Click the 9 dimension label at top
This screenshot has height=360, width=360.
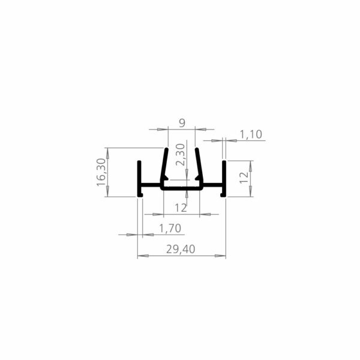coord(182,123)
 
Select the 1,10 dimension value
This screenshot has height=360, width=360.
coord(251,134)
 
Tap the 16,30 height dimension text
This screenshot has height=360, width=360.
coord(101,172)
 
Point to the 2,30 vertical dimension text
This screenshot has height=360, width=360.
coord(180,155)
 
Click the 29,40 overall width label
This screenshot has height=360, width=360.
coord(181,249)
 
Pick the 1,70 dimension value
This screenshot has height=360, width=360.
coord(170,229)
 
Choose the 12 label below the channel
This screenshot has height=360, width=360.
coord(181,208)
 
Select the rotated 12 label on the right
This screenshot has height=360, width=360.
coord(244,178)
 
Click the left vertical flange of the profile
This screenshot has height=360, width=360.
coord(139,179)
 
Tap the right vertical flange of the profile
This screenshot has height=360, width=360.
coord(224,179)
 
